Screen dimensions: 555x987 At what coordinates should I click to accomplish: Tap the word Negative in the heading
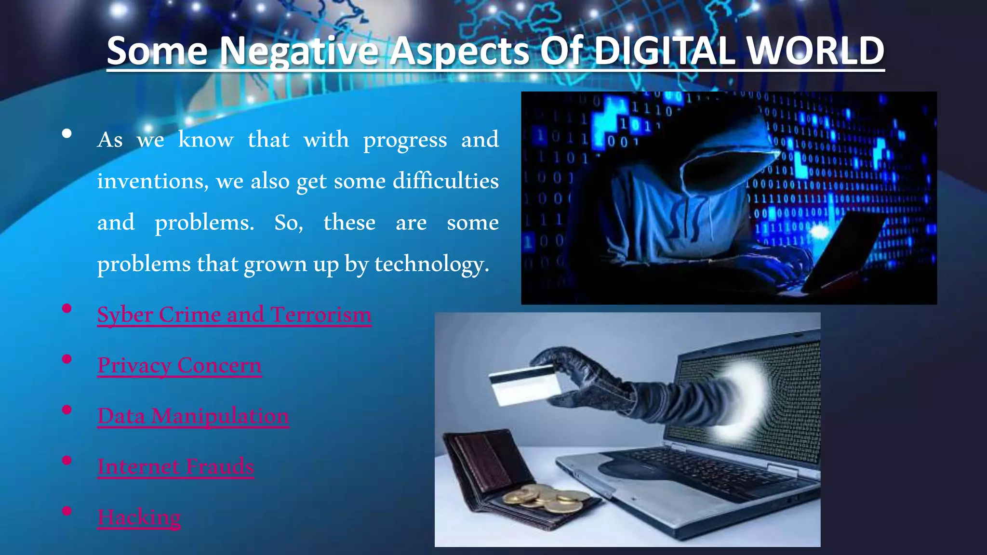point(298,52)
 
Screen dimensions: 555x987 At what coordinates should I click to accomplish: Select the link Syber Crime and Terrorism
point(234,315)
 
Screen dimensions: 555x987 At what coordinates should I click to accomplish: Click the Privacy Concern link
point(179,365)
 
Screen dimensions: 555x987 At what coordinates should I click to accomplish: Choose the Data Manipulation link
point(193,416)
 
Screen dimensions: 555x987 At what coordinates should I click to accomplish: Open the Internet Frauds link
point(175,466)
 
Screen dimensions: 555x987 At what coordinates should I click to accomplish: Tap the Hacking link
point(139,517)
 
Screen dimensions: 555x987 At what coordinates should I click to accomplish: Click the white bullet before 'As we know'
point(67,134)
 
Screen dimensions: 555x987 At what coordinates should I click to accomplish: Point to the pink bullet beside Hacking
point(67,511)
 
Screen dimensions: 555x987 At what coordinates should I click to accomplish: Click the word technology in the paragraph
point(431,264)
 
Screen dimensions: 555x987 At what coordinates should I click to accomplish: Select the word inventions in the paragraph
point(153,181)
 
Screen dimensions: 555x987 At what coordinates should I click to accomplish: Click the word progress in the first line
point(405,140)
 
